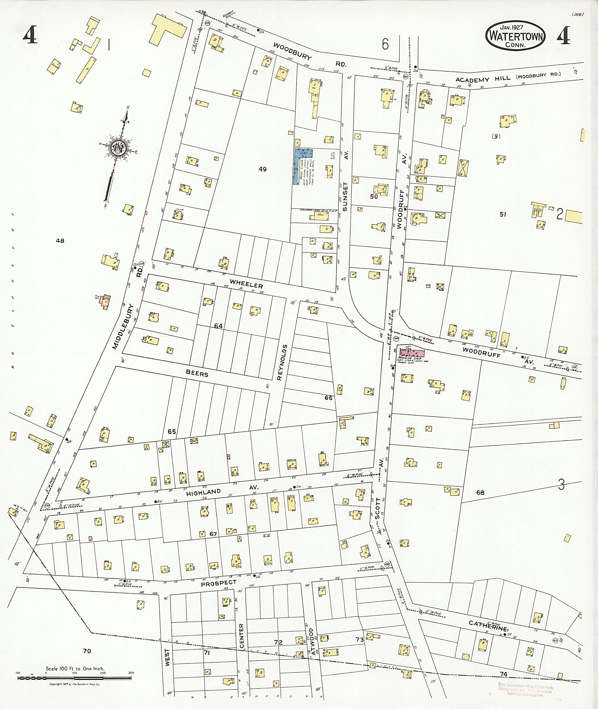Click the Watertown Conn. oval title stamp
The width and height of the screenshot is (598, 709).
coord(515,36)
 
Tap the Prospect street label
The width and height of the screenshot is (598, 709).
coord(218,583)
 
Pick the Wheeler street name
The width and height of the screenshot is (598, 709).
coord(246,283)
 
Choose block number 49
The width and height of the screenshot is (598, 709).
coord(263,169)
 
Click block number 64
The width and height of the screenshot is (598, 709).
coord(218,326)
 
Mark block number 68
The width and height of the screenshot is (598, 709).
coord(480,492)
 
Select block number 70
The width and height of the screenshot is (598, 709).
coord(87,651)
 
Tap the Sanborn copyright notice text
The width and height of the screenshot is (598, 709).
coord(74,684)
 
